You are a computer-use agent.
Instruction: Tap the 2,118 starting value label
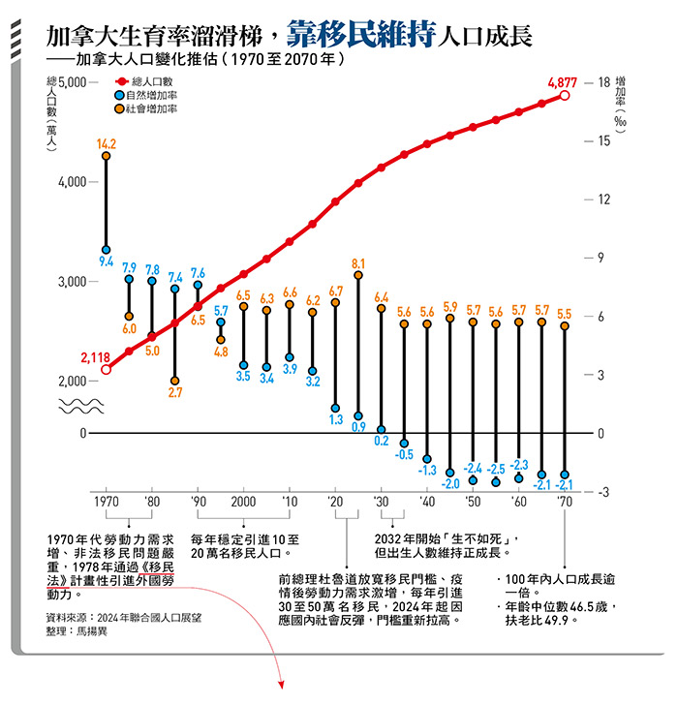(x=95, y=357)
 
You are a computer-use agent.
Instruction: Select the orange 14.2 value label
(x=107, y=143)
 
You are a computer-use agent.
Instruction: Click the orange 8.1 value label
(x=358, y=263)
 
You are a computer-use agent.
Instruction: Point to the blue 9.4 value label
(x=107, y=261)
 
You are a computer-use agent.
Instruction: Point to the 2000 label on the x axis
(x=244, y=502)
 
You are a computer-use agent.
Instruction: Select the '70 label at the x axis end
(x=565, y=502)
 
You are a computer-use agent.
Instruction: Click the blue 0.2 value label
(x=382, y=441)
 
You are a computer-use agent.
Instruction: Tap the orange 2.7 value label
(x=175, y=392)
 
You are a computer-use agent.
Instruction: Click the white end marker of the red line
(x=565, y=95)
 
